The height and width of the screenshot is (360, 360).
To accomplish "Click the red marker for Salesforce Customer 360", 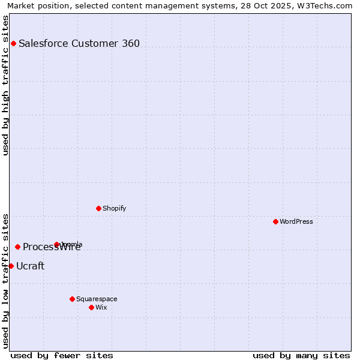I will tap(13, 43).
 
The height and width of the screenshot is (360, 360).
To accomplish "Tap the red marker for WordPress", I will tap(275, 221).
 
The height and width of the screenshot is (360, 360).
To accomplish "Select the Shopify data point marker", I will tap(98, 208).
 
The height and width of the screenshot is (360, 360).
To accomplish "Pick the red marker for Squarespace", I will tap(72, 299).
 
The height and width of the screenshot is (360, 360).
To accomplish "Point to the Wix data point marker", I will tap(91, 307).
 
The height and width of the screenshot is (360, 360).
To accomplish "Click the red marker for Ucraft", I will tap(11, 266).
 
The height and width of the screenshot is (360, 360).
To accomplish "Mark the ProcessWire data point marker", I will tap(17, 247).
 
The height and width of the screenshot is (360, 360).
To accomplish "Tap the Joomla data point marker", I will tap(57, 244).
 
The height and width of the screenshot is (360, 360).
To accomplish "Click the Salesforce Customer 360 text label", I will tap(79, 43).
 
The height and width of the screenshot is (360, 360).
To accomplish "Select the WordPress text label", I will tap(296, 221).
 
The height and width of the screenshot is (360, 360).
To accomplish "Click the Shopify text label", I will tap(114, 208).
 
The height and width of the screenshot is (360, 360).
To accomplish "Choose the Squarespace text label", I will tap(97, 299).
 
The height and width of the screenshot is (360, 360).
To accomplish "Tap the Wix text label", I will tap(101, 307).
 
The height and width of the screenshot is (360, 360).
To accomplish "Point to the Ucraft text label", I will tap(30, 266).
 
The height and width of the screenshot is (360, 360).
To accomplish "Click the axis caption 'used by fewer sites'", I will tap(62, 355).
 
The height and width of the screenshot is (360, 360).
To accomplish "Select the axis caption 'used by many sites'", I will tap(301, 355).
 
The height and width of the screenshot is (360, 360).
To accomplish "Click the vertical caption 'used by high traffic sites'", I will tap(6, 85).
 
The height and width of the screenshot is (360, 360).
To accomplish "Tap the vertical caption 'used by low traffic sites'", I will tap(6, 281).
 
